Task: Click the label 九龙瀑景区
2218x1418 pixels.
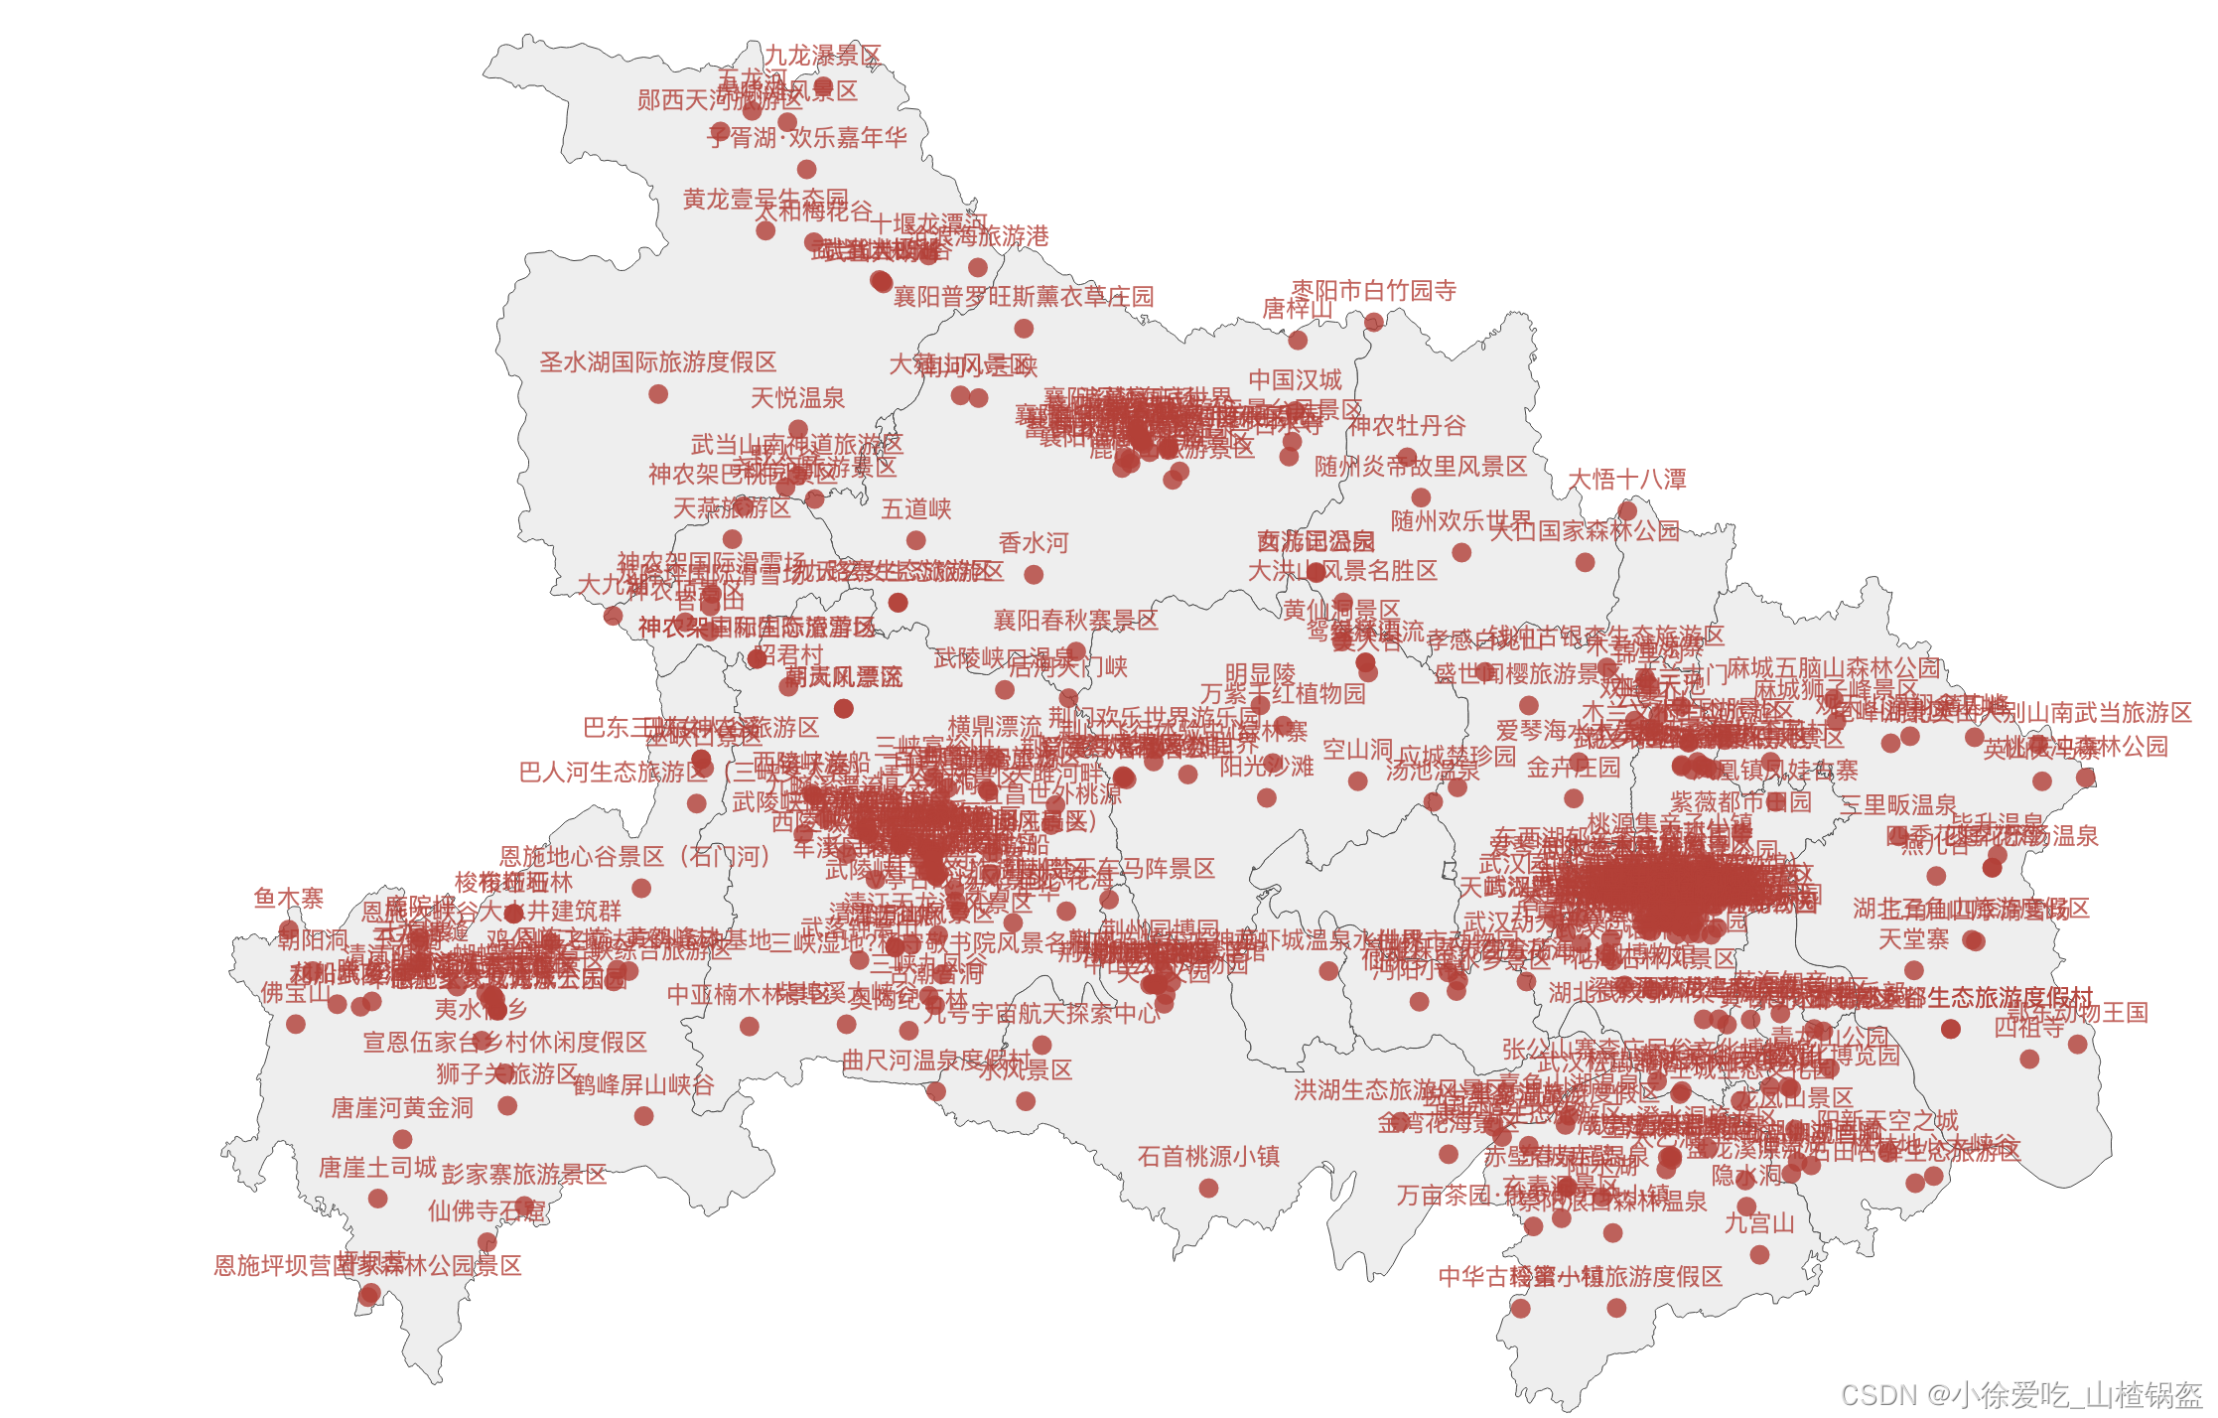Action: [x=822, y=56]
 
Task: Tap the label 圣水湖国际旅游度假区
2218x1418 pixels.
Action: [x=657, y=362]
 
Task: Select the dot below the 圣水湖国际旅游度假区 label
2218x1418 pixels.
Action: [x=658, y=394]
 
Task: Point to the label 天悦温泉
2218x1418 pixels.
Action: [x=797, y=399]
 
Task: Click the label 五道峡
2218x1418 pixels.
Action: [x=916, y=509]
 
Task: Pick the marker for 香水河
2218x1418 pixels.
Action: [x=1034, y=574]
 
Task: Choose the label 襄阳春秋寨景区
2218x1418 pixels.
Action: [x=1076, y=621]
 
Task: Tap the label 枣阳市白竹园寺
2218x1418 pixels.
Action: [x=1373, y=291]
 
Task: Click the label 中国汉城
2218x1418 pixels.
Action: [x=1295, y=380]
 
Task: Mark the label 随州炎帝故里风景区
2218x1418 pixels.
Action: [x=1421, y=467]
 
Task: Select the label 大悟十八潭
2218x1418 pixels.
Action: [x=1626, y=480]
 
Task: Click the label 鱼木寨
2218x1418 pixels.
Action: [x=288, y=899]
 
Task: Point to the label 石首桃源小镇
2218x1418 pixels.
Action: [x=1208, y=1157]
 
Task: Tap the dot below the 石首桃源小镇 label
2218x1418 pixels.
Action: [x=1208, y=1188]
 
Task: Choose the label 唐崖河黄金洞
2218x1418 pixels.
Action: [x=402, y=1108]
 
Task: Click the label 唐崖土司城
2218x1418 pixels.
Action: [x=377, y=1168]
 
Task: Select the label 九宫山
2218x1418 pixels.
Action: [x=1759, y=1223]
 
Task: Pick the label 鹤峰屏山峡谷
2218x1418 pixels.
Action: [x=643, y=1085]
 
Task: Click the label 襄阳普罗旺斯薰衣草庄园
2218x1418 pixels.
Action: [x=1024, y=297]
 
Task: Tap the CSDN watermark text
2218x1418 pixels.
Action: [x=2021, y=1395]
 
